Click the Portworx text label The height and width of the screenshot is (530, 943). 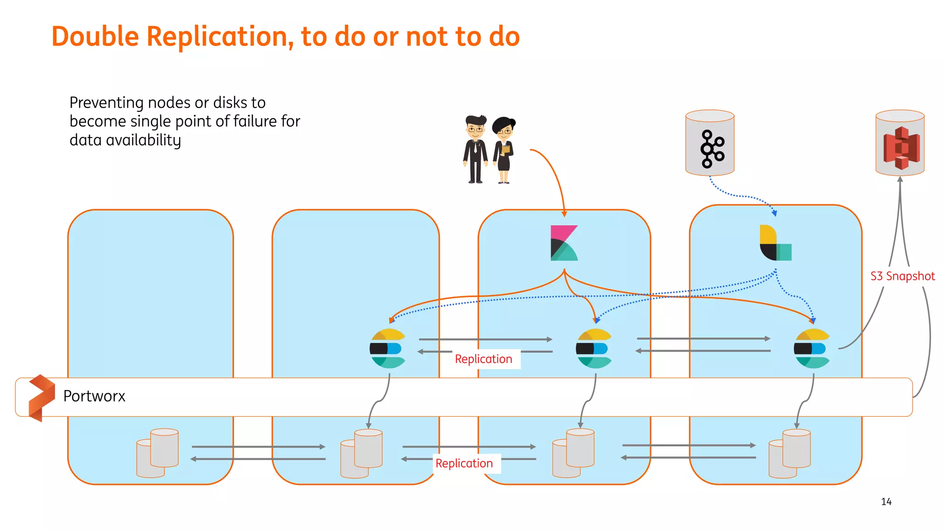(x=94, y=396)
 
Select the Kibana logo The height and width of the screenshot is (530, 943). (x=564, y=243)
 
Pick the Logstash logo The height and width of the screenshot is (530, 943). (x=775, y=243)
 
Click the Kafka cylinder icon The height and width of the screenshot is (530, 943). (x=710, y=143)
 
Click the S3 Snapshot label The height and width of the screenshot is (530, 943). (x=902, y=276)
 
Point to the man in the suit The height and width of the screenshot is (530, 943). (x=475, y=150)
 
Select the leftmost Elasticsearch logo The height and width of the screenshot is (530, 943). (x=388, y=348)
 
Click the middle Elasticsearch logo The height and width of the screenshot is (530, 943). (x=594, y=348)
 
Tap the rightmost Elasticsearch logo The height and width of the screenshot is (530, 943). (x=812, y=348)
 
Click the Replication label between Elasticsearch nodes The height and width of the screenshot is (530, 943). (x=483, y=359)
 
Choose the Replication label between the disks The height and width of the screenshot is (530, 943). (x=464, y=463)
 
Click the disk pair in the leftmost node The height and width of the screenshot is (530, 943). (x=157, y=453)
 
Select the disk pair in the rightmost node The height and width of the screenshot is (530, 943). (x=789, y=453)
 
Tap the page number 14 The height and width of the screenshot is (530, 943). (x=886, y=502)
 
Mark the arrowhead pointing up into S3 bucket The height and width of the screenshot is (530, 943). (x=900, y=179)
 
